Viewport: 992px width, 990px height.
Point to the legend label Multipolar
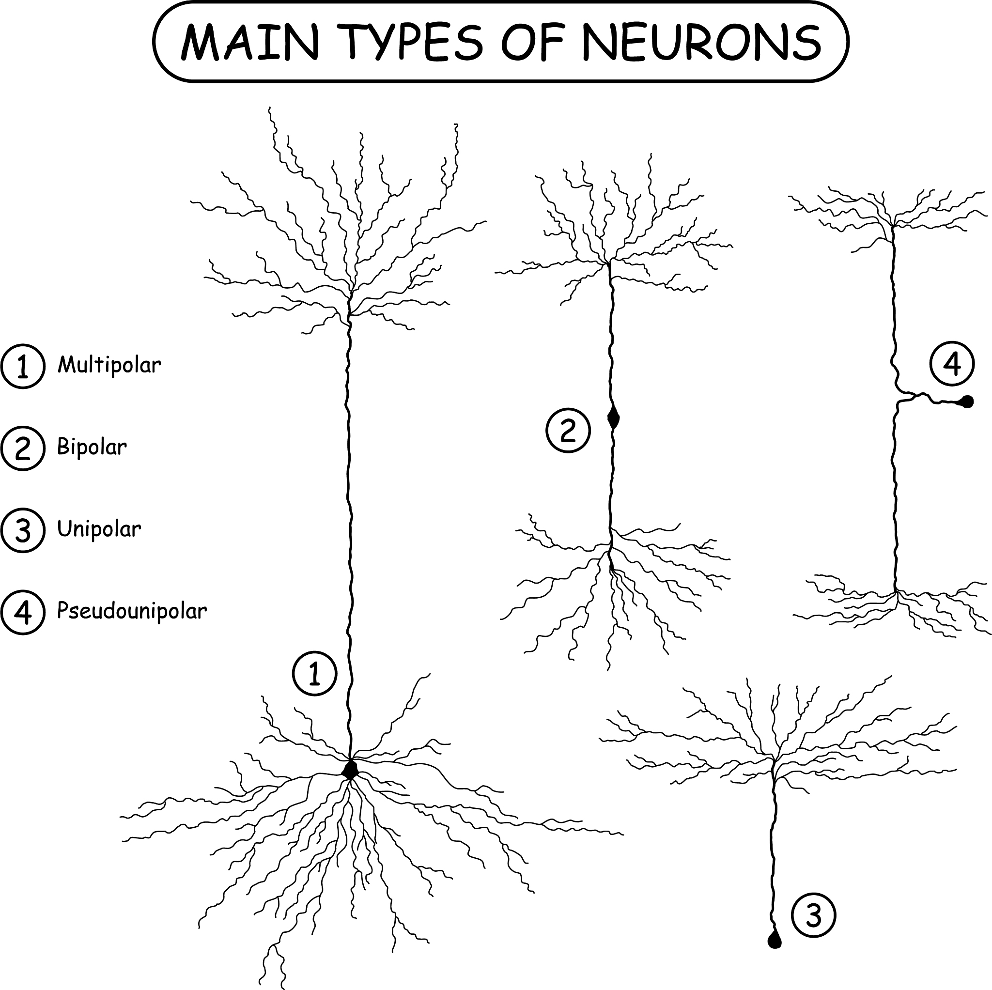click(x=109, y=365)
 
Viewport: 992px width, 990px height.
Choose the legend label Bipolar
click(x=92, y=447)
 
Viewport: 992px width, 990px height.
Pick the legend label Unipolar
click(x=99, y=529)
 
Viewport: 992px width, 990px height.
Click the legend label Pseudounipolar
click(x=132, y=611)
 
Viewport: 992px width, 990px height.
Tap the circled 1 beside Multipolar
click(x=23, y=366)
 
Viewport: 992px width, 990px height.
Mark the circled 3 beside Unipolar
click(x=23, y=530)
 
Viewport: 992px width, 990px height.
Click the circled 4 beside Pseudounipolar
click(x=23, y=612)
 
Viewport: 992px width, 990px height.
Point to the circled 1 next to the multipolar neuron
click(x=314, y=673)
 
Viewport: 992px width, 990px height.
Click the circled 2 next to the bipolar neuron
click(x=567, y=430)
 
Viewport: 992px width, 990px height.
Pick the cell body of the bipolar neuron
click(x=613, y=418)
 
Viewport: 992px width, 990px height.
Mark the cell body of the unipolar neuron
click(x=775, y=941)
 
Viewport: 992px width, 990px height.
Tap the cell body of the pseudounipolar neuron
click(x=967, y=401)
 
